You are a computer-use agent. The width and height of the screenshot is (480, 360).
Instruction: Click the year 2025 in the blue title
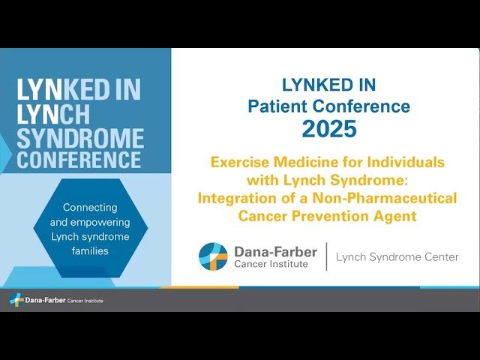(328, 129)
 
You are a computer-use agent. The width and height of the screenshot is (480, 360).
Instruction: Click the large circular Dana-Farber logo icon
(213, 256)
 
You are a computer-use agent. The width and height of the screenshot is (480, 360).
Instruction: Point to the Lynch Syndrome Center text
(397, 257)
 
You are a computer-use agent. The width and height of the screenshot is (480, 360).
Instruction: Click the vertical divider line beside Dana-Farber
(326, 256)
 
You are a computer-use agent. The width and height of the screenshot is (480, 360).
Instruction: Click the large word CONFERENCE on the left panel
(79, 160)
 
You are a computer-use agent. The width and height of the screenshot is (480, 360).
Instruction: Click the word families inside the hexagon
(91, 250)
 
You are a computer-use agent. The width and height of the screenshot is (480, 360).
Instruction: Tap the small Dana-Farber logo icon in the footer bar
(15, 300)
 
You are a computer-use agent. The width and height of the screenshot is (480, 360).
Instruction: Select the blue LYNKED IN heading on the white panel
(328, 85)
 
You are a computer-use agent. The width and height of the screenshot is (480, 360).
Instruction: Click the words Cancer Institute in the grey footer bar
(85, 301)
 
